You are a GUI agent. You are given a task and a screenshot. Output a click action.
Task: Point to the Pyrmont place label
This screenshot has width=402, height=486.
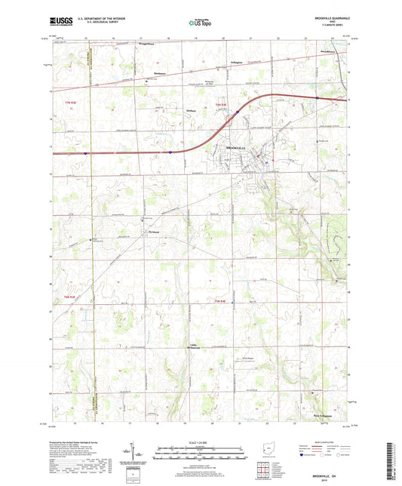[x=155, y=232]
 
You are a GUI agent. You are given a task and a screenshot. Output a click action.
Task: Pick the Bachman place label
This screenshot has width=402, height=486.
[x=159, y=73]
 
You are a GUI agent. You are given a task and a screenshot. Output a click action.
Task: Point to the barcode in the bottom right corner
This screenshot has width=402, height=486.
[x=392, y=461]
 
